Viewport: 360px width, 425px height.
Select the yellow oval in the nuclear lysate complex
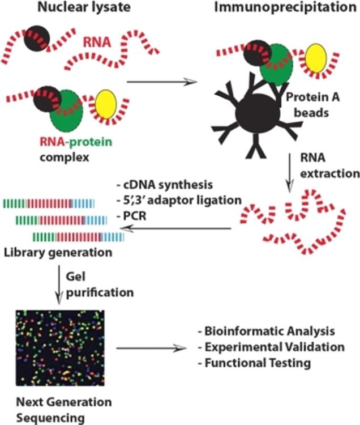tap(106, 104)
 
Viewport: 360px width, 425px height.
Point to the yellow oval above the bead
tap(316, 61)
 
